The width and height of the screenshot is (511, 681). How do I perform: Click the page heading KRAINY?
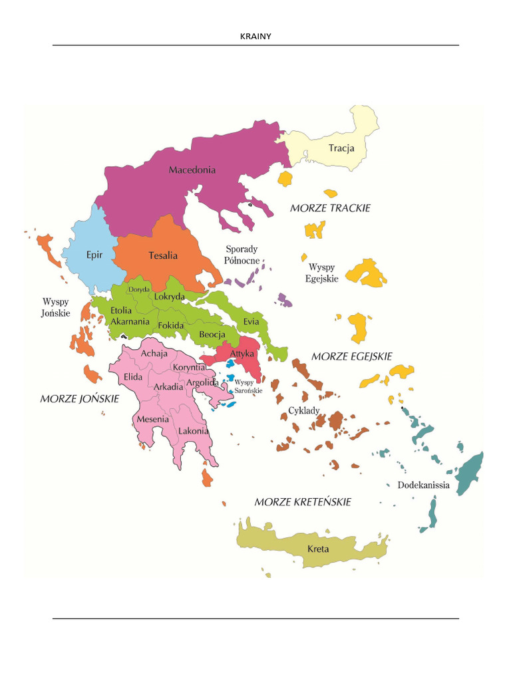pos(255,36)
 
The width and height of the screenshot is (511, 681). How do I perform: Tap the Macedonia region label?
pos(192,170)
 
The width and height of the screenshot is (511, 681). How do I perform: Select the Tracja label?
pos(341,148)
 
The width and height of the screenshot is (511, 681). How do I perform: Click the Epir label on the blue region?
pos(94,254)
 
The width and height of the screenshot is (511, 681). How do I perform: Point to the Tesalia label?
pos(163,255)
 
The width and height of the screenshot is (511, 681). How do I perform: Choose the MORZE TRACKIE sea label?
pos(330,208)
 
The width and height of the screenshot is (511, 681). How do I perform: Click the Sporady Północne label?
pos(242,255)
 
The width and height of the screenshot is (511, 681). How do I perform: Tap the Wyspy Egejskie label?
pos(322,273)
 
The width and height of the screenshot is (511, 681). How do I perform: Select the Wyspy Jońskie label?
pos(56,307)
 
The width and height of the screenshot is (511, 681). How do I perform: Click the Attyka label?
pos(242,354)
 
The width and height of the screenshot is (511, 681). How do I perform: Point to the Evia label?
pos(251,321)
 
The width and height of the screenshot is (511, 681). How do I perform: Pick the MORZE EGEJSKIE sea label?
pos(351,356)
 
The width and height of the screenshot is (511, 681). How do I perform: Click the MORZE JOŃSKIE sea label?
pos(79,399)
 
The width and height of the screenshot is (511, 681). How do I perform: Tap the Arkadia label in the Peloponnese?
pos(168,387)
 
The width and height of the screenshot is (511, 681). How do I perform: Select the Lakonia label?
pos(193,431)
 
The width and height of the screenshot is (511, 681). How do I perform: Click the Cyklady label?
pos(303,410)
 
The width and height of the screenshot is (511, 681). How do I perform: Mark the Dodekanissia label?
pos(423,485)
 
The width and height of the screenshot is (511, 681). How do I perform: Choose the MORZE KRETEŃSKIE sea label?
pos(303,501)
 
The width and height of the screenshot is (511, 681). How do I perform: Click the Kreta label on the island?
pos(318,549)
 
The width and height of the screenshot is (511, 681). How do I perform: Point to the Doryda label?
pos(139,289)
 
